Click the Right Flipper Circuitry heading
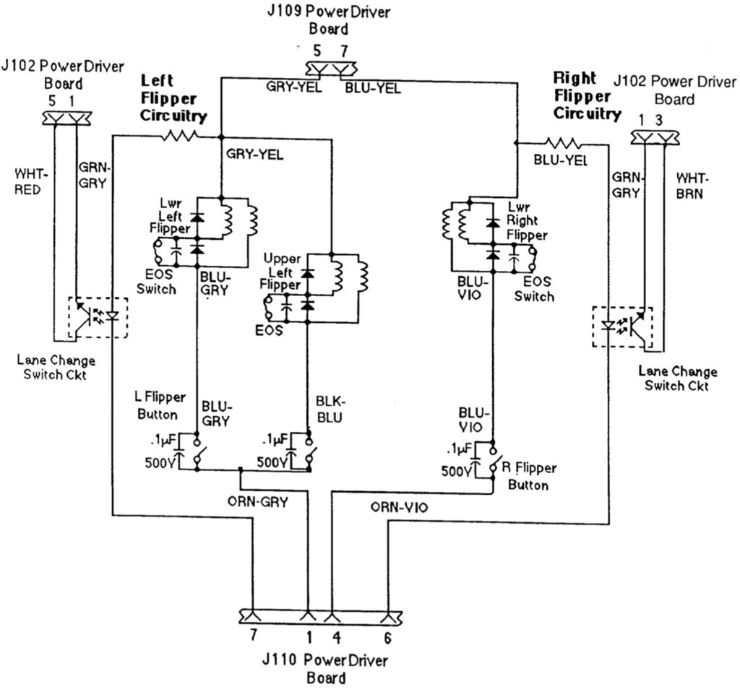pyautogui.click(x=586, y=95)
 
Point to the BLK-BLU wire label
pyautogui.click(x=331, y=410)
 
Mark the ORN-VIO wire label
pyautogui.click(x=399, y=508)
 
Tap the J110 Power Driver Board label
pyautogui.click(x=325, y=669)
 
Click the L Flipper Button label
pyautogui.click(x=160, y=406)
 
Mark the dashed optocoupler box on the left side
pyautogui.click(x=98, y=316)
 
